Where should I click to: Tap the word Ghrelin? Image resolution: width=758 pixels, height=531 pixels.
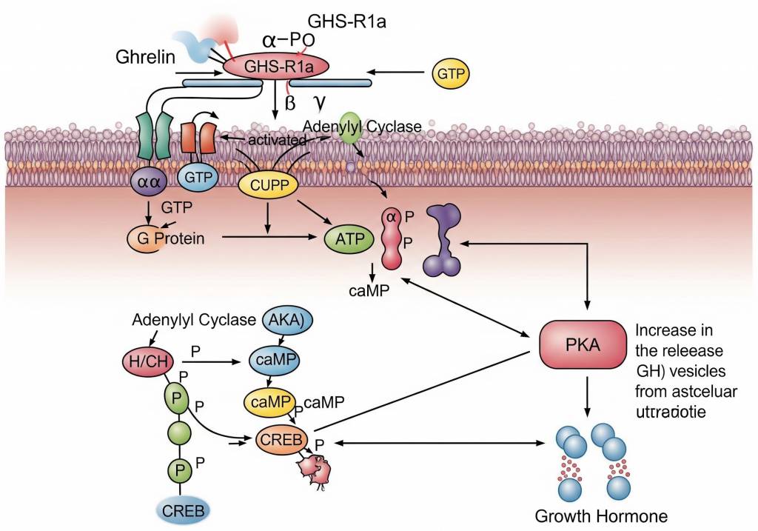point(145,56)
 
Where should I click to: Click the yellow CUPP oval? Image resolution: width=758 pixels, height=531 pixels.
point(268,185)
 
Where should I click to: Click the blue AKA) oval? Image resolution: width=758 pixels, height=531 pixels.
point(288,320)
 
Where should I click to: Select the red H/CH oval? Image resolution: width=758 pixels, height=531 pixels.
point(148,361)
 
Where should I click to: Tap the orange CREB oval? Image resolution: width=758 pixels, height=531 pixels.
point(281,440)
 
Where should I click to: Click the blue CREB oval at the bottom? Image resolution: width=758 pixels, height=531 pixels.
point(184,509)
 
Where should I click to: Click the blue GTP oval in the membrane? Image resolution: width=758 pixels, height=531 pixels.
point(198,178)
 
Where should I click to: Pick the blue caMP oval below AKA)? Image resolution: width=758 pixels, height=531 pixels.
point(276,360)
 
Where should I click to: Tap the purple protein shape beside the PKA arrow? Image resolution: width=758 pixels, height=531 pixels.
point(444,240)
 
